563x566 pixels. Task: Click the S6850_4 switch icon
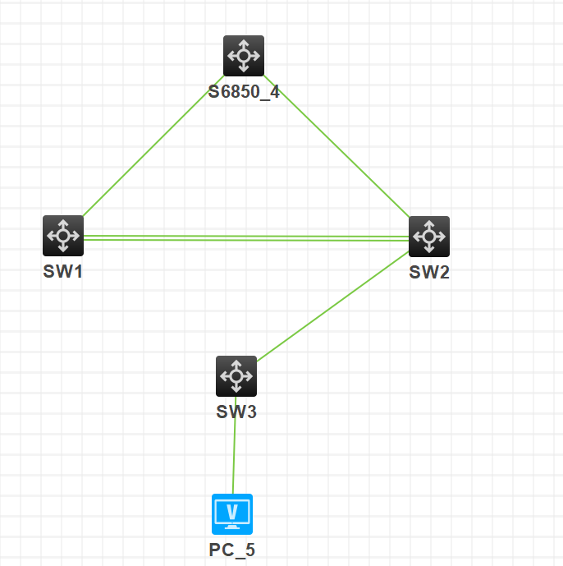[x=244, y=56]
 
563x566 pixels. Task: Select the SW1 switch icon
[x=63, y=236]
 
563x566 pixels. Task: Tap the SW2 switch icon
[x=429, y=237]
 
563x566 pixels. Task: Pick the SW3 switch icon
[x=236, y=376]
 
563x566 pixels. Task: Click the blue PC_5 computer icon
[x=232, y=514]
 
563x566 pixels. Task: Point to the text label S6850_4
[x=244, y=91]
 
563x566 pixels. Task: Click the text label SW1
[x=63, y=272]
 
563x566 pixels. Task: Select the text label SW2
[x=429, y=273]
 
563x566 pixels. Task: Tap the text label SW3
[x=236, y=412]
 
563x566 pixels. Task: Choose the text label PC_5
[x=232, y=550]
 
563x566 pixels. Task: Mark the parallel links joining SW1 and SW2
[x=246, y=237]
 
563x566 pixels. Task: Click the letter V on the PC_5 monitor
[x=232, y=511]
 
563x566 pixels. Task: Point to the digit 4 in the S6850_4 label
[x=274, y=91]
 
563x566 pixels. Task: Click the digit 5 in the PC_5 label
[x=250, y=550]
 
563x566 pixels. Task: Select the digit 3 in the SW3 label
[x=252, y=412]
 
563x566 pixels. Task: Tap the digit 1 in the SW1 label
[x=79, y=272]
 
